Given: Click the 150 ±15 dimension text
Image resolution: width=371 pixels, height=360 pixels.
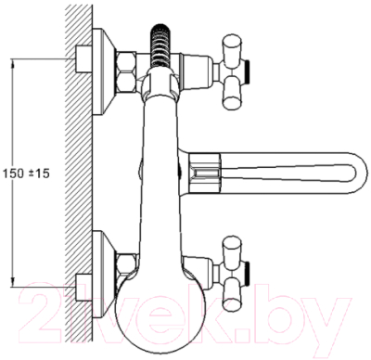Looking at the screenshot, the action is coord(26,174).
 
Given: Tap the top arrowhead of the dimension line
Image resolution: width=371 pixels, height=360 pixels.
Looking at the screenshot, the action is coord(13,64).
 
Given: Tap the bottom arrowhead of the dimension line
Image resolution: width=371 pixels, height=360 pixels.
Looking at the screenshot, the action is coord(13,282).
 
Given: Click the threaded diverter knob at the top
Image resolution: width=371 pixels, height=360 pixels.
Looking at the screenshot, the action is coord(160,45).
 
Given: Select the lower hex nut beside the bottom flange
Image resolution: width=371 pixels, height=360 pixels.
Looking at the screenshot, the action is coord(126,265).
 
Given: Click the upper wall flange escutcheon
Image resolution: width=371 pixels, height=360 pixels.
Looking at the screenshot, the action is coord(104,71).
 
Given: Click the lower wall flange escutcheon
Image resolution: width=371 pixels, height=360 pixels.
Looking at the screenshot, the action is coord(104,275).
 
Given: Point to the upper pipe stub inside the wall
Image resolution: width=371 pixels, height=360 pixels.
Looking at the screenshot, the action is coord(83,58).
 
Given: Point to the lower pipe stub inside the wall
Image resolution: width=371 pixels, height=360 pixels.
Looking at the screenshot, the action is coord(83,288).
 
